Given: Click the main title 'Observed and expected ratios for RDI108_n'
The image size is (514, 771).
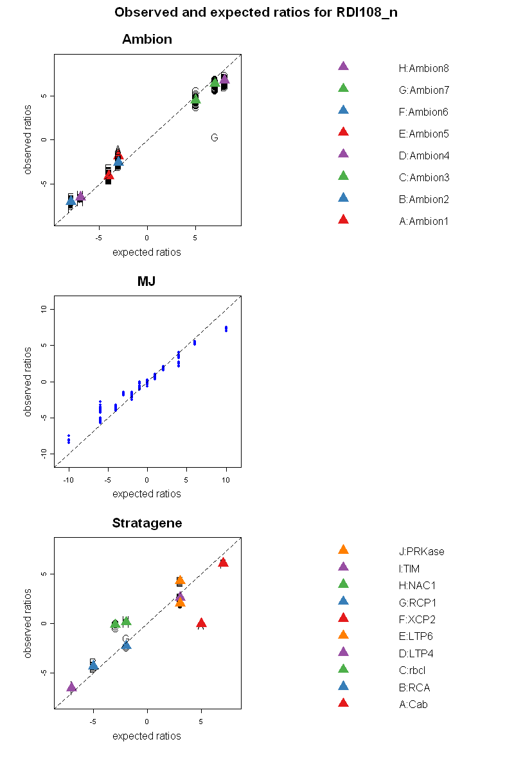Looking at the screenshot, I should (256, 13).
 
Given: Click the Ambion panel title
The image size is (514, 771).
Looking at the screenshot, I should (147, 39).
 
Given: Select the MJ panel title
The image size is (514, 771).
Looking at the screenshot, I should (146, 281).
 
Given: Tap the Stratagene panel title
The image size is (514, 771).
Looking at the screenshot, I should (147, 523).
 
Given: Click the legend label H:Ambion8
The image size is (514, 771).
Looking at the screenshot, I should (423, 68).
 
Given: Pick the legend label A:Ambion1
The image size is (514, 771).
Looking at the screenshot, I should (423, 221).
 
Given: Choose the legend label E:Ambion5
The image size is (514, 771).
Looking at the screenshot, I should (423, 134).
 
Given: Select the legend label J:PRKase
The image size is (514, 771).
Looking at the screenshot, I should (421, 551).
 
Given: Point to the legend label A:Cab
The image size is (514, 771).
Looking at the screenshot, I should (413, 704).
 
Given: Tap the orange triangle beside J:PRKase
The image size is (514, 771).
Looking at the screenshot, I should (343, 550).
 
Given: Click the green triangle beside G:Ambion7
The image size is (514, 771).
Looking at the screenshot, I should (343, 88).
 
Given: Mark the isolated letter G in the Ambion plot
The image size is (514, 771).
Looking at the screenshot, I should (215, 137).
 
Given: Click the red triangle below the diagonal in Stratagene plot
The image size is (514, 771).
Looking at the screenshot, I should (201, 623).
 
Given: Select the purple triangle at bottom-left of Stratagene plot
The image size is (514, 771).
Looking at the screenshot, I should (71, 687).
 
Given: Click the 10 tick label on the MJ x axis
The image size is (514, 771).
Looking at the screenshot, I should (226, 479).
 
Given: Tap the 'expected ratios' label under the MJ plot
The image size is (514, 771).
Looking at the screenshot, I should (146, 494).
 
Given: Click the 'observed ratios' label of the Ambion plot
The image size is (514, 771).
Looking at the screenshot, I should (28, 139).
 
